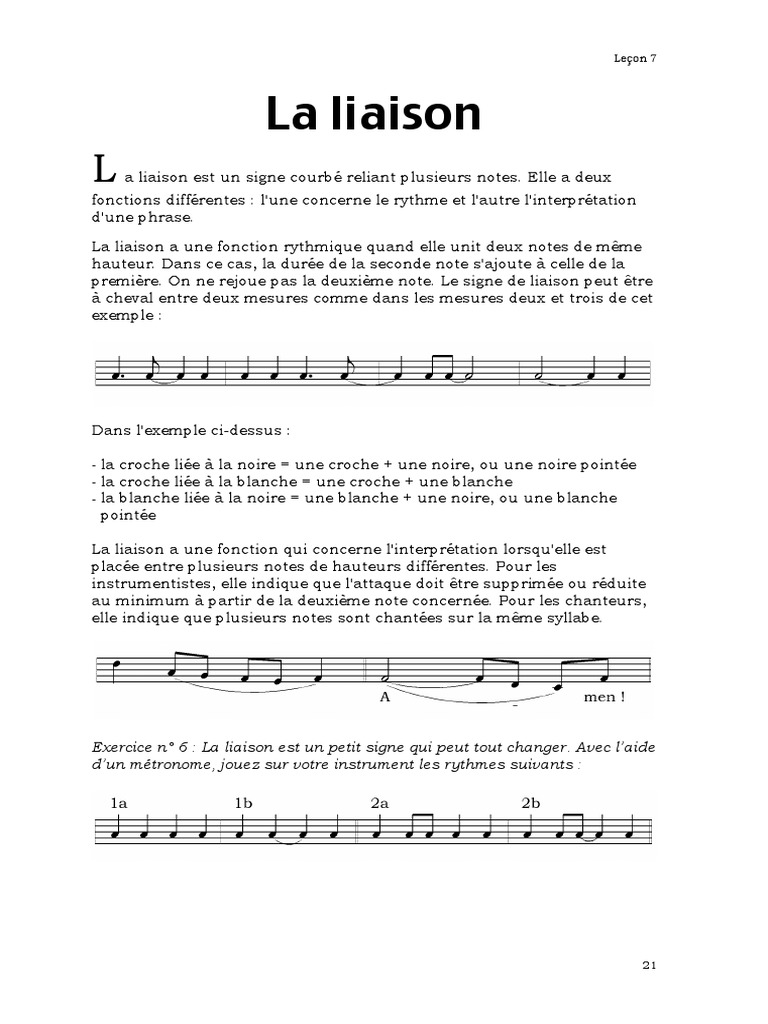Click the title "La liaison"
coord(374,115)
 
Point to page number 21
coord(649,965)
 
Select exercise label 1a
coord(119,802)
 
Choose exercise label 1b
coord(244,802)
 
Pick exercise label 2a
coord(379,802)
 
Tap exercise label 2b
coord(530,802)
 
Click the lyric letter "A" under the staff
coord(384,698)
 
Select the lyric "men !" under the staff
coord(604,698)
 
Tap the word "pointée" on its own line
coord(129,515)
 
